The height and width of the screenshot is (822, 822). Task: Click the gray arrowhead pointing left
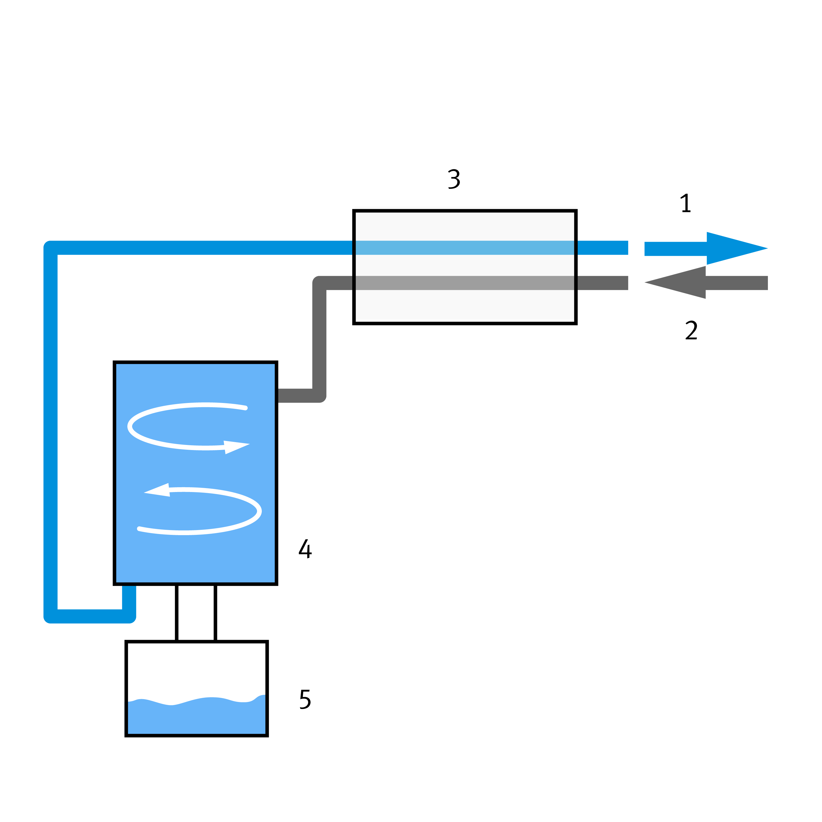[677, 283]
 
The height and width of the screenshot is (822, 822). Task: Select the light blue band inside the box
[465, 248]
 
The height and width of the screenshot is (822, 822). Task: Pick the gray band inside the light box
[465, 283]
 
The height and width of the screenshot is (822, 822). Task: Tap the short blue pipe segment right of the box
[602, 248]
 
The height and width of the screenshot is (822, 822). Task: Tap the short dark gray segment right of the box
[602, 283]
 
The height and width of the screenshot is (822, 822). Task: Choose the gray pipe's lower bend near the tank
[319, 395]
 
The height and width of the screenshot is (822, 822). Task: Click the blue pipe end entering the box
[347, 248]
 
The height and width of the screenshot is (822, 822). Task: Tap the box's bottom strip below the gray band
[465, 305]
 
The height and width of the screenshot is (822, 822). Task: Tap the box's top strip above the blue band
[465, 226]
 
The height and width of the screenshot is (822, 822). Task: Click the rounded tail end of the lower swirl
[139, 529]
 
